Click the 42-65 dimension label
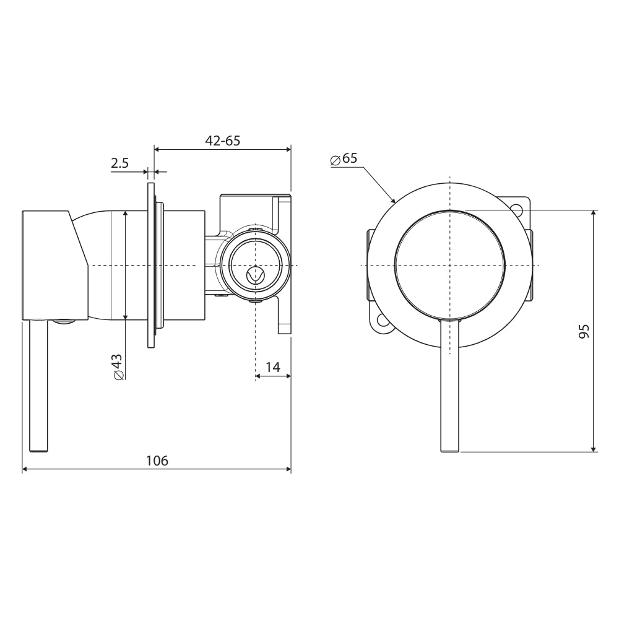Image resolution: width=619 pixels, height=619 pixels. pyautogui.click(x=222, y=141)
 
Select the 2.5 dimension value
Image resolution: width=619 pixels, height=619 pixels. pyautogui.click(x=119, y=163)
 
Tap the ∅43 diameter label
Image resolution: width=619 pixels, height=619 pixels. pyautogui.click(x=118, y=366)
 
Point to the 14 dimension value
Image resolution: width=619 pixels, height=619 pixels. pyautogui.click(x=272, y=367)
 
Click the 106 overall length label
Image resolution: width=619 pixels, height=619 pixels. pyautogui.click(x=157, y=461)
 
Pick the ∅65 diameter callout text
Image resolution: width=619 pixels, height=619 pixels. pyautogui.click(x=344, y=158)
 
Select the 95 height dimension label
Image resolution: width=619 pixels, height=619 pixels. pyautogui.click(x=583, y=331)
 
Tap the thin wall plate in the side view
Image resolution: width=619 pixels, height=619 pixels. pyautogui.click(x=150, y=265)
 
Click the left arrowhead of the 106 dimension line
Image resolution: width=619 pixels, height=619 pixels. pyautogui.click(x=25, y=470)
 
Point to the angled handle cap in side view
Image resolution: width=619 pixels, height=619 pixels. pyautogui.click(x=53, y=265)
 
